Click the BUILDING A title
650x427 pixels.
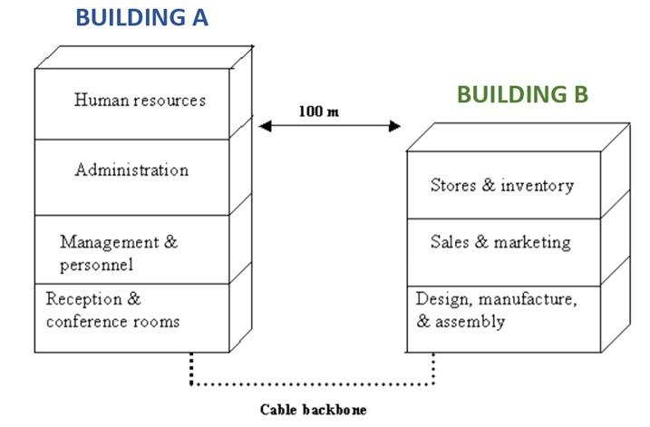(x=141, y=16)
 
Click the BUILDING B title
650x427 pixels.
(x=522, y=94)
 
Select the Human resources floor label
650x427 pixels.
(x=140, y=100)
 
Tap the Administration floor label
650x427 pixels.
(x=131, y=170)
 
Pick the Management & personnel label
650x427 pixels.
(x=119, y=253)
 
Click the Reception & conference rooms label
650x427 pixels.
(x=112, y=310)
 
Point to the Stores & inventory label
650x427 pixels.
(x=501, y=186)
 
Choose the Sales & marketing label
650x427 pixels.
(x=500, y=242)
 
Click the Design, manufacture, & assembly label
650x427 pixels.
(x=496, y=309)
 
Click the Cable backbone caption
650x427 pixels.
(x=313, y=409)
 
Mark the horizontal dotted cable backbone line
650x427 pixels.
(x=312, y=384)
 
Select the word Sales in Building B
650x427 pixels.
(x=450, y=242)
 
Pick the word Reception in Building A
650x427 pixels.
(x=82, y=298)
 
